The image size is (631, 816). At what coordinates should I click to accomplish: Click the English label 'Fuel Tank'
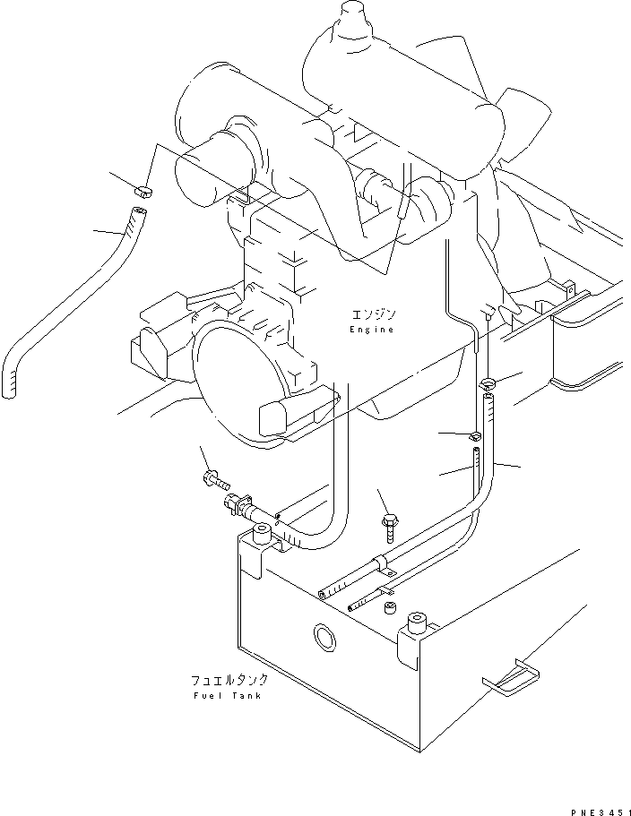tap(227, 696)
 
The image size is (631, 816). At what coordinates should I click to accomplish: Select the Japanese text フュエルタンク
tap(227, 681)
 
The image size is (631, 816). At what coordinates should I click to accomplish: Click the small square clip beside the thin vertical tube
tap(476, 437)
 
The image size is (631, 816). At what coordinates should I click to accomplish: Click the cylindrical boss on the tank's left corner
tap(262, 537)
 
